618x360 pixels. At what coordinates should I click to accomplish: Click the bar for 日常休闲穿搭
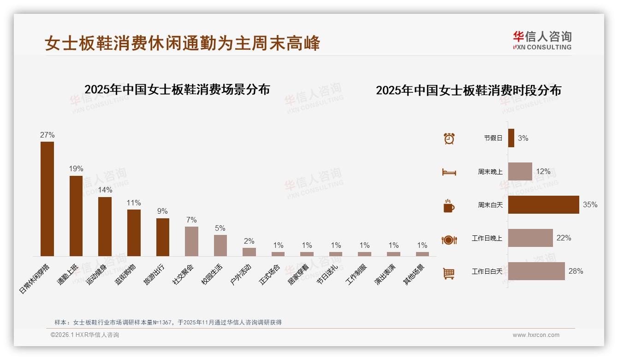[47, 199]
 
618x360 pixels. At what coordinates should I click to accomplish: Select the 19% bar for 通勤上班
[76, 216]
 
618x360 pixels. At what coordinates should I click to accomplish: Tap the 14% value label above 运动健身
[105, 190]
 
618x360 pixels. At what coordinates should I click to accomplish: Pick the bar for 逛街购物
[134, 233]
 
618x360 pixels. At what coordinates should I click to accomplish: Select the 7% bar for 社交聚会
[191, 241]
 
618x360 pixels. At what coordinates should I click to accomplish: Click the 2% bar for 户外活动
[249, 252]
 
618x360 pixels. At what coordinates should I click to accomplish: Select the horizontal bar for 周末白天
[543, 204]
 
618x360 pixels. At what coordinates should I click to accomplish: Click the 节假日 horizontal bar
[511, 138]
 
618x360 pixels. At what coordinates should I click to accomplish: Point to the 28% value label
[576, 271]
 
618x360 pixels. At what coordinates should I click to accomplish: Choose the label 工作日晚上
[487, 238]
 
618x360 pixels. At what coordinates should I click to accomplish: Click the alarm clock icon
[449, 138]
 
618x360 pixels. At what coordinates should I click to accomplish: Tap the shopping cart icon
[449, 273]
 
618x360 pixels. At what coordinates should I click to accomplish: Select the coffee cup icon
[449, 206]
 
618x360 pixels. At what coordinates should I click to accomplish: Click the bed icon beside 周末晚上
[449, 172]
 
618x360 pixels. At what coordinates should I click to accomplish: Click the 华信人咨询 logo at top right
[542, 40]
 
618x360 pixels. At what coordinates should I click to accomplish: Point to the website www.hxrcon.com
[536, 335]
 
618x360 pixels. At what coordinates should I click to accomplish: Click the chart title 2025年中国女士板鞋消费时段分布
[469, 90]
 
